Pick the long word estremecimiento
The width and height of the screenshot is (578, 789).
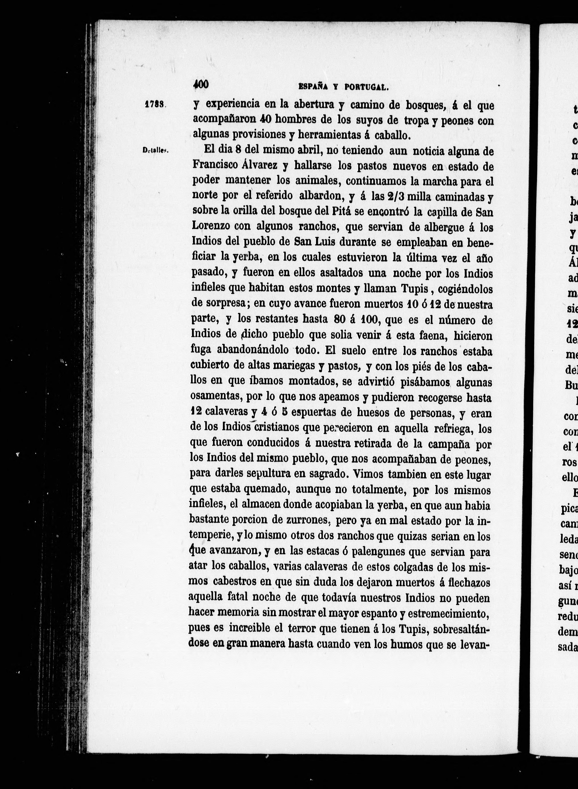coord(447,614)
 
